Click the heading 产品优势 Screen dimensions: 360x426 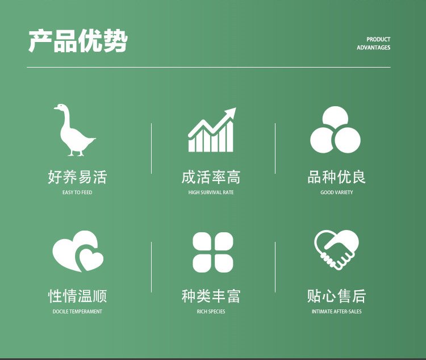click(78, 41)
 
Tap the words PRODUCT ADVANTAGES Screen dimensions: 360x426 click(373, 44)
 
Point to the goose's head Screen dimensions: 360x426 click(60, 108)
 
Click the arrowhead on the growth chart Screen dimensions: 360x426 click(231, 112)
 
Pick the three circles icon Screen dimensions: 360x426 click(335, 130)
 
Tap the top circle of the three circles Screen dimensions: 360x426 click(335, 118)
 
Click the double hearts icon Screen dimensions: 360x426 click(78, 251)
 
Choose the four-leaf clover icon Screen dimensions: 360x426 click(213, 252)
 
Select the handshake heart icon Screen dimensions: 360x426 click(336, 250)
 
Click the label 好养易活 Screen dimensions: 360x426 click(77, 177)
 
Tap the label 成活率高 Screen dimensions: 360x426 click(211, 177)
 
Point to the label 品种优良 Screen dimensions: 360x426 click(336, 177)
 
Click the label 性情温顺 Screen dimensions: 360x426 click(77, 296)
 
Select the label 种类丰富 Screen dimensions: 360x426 click(211, 296)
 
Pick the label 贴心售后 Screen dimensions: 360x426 click(336, 296)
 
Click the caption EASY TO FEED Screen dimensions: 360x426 click(77, 192)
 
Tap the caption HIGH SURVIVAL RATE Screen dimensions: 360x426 click(211, 192)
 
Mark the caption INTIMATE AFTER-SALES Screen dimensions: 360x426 click(336, 311)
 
